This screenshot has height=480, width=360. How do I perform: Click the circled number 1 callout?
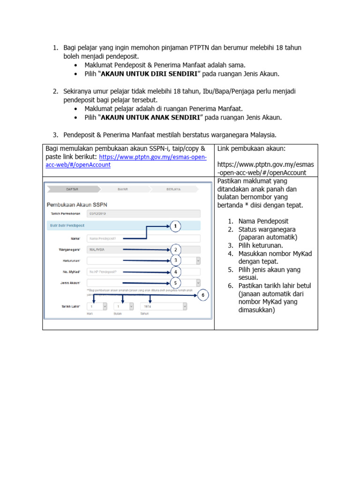[x=175, y=226]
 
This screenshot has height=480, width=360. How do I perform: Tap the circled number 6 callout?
[x=203, y=295]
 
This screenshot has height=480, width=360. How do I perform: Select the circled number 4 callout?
[x=175, y=271]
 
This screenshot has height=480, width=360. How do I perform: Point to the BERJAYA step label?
[x=173, y=189]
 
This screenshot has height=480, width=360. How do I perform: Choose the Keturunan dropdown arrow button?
[x=198, y=261]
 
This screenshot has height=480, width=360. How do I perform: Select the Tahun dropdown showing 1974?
[x=164, y=306]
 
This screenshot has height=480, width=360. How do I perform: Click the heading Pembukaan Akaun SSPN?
[x=77, y=204]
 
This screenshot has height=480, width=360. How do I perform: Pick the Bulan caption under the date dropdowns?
[x=117, y=314]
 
